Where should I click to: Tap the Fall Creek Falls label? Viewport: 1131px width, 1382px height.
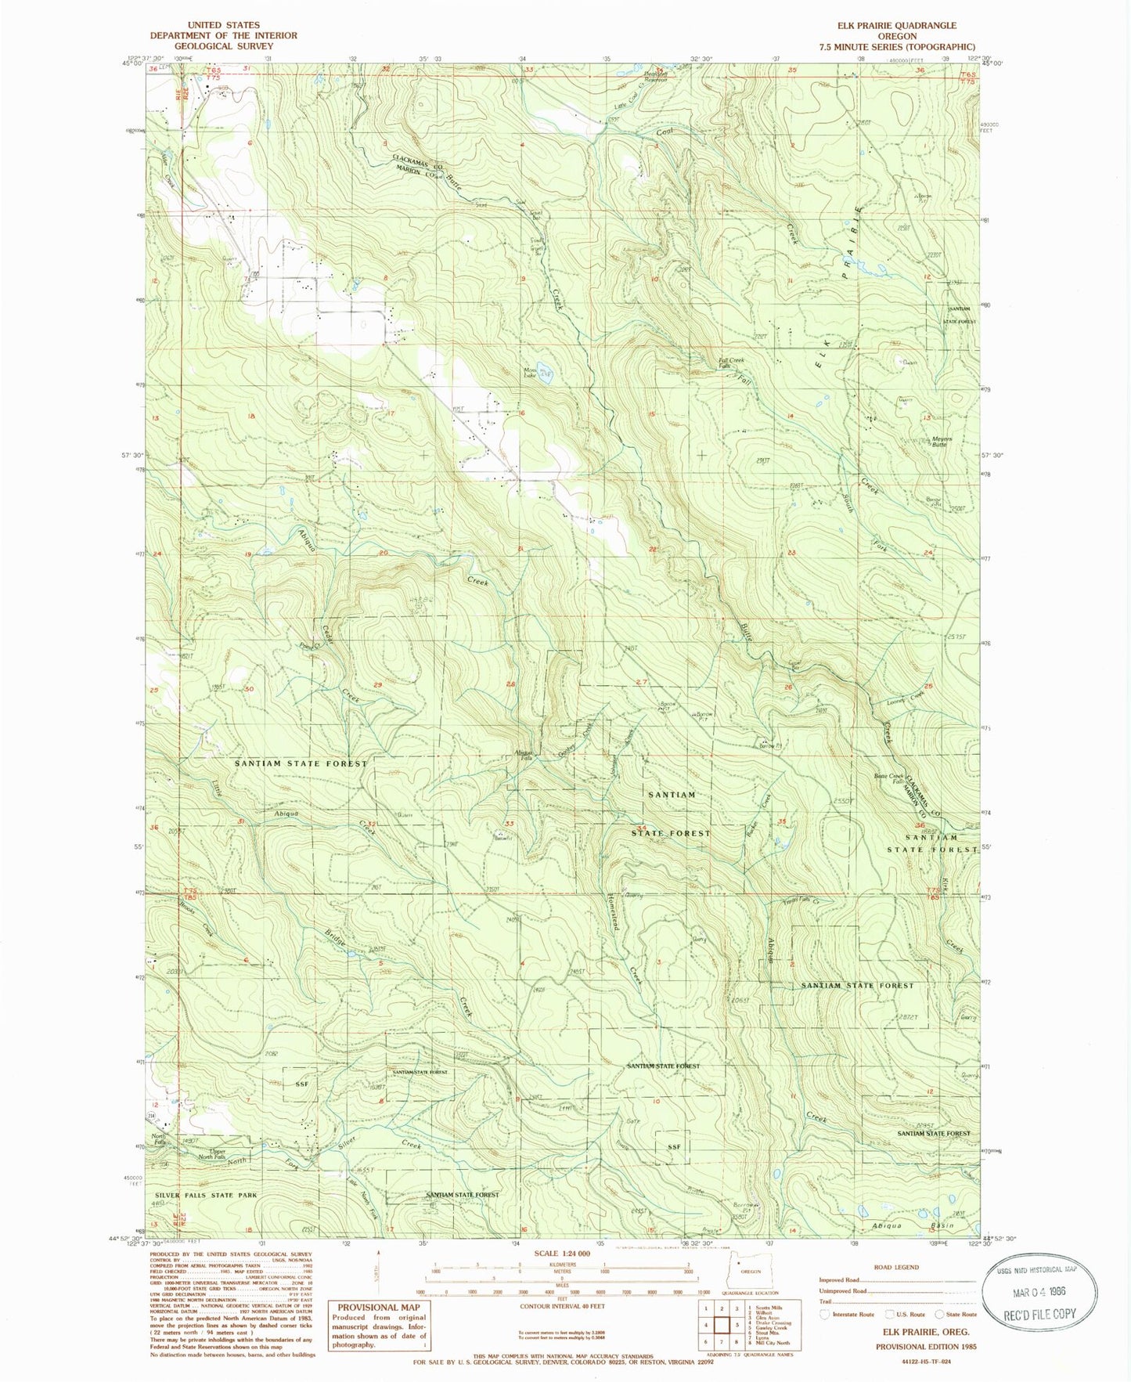(x=732, y=363)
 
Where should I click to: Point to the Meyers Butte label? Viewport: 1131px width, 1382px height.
(x=942, y=442)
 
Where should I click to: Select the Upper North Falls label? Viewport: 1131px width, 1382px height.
(x=211, y=1153)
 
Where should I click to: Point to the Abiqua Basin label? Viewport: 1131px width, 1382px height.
(x=913, y=1225)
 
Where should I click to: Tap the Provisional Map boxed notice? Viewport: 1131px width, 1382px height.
(x=378, y=1325)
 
